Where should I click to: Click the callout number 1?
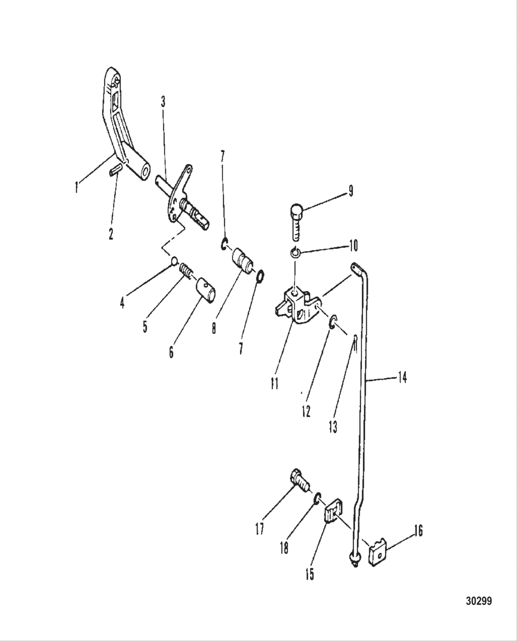77,187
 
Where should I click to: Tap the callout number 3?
162,102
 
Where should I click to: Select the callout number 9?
351,191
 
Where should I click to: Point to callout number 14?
402,378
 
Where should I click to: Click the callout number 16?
418,531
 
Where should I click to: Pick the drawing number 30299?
479,601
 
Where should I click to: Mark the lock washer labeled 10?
296,253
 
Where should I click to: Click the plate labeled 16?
377,550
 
